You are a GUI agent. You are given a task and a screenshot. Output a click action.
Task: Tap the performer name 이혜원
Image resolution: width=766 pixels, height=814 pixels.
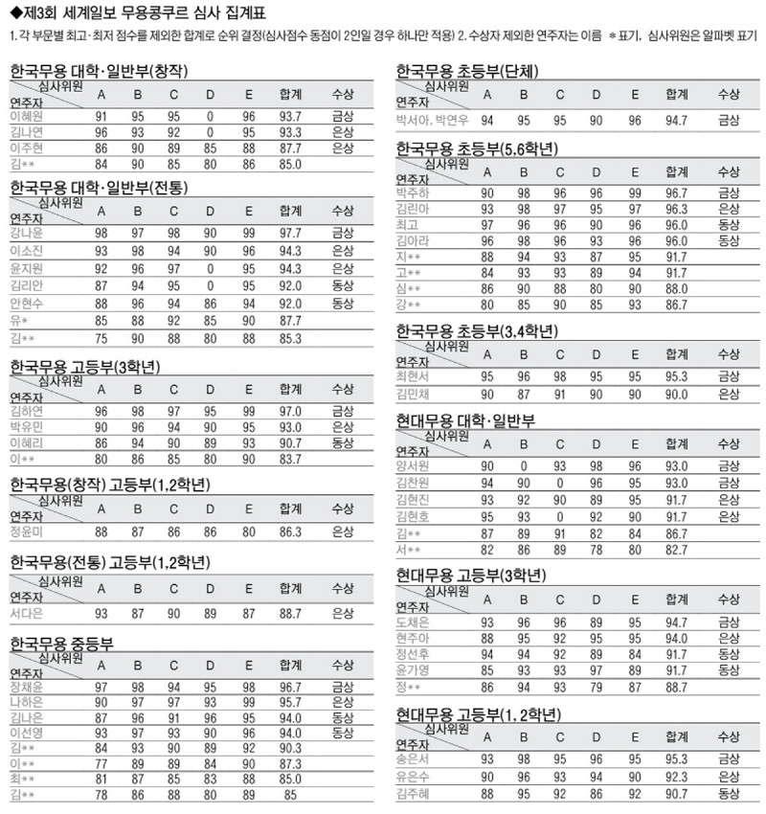point(30,116)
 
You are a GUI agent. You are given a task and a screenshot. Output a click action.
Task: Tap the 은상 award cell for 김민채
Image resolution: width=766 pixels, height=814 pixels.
point(729,394)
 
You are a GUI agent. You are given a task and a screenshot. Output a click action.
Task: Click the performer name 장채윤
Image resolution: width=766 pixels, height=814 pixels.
point(30,688)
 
